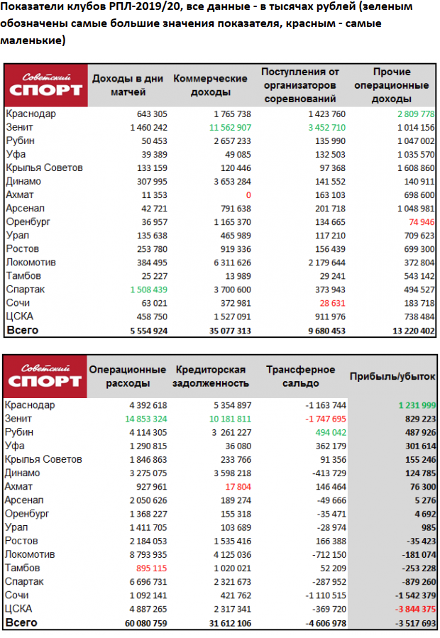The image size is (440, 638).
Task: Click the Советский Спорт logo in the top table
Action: click(x=45, y=85)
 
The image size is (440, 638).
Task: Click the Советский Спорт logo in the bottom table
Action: click(x=45, y=376)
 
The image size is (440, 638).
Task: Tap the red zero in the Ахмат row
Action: click(x=248, y=194)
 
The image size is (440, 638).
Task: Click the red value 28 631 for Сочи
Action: click(x=327, y=303)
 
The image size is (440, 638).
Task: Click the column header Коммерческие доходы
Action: click(x=210, y=85)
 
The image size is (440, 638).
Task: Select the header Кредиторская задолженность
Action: click(x=211, y=376)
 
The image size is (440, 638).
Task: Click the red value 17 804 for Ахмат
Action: click(x=236, y=487)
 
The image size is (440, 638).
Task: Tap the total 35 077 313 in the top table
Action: click(x=221, y=331)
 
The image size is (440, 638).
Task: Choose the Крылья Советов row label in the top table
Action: click(x=44, y=167)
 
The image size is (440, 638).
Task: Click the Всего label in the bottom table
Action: click(x=21, y=622)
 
